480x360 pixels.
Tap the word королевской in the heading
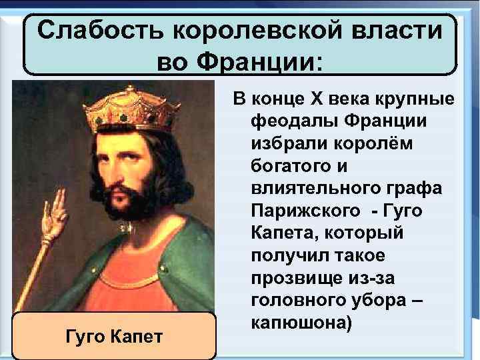pos(257,31)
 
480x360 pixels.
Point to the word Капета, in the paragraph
pos(283,233)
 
